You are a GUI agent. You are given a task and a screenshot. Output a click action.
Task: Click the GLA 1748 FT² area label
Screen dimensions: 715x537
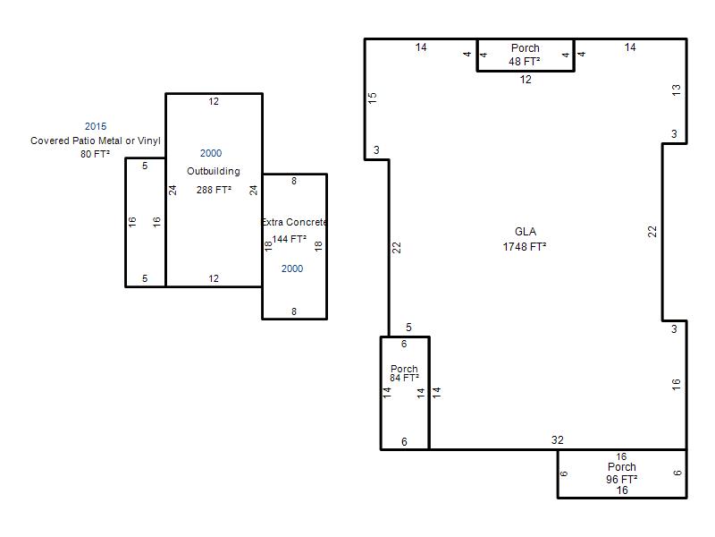pos(525,239)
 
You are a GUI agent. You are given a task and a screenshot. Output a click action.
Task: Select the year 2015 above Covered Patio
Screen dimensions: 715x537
pos(96,126)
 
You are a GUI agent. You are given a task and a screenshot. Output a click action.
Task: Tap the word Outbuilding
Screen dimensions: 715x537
pos(214,171)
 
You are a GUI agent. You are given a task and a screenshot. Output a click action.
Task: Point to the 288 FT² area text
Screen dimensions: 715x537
pos(214,190)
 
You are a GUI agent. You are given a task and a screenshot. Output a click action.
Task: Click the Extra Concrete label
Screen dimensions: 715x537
pos(295,222)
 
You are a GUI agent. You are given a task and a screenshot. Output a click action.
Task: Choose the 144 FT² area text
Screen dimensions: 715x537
pos(289,239)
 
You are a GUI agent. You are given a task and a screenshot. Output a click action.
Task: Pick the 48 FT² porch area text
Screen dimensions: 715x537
pos(525,61)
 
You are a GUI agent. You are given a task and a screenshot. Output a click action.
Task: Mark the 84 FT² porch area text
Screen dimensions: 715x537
pos(405,378)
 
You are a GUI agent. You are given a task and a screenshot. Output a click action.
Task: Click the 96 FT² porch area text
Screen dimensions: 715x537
pos(621,479)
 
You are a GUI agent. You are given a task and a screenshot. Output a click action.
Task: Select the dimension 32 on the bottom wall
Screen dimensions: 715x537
pos(557,439)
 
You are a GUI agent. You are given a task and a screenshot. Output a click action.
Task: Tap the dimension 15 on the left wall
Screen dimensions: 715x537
pos(373,98)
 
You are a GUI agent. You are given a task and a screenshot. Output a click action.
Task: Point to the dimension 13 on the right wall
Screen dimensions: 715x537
pos(677,90)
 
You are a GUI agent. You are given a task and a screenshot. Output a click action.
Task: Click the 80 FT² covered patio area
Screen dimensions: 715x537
pos(96,154)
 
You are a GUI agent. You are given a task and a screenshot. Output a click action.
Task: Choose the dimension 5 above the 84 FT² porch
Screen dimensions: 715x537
pos(408,328)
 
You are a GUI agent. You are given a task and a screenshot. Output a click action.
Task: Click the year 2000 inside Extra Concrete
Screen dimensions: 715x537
pos(292,268)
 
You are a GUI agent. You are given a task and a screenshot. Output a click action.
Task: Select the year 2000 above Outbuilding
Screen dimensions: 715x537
pos(211,153)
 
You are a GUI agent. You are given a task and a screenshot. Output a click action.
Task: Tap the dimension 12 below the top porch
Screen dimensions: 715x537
pos(526,80)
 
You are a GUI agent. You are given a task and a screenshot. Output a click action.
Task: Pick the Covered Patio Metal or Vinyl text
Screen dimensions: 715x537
pos(96,141)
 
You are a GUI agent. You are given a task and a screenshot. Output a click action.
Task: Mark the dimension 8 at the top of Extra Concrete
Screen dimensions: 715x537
pos(294,182)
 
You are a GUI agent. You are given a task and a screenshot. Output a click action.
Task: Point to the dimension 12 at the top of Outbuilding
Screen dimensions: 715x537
pos(214,101)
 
